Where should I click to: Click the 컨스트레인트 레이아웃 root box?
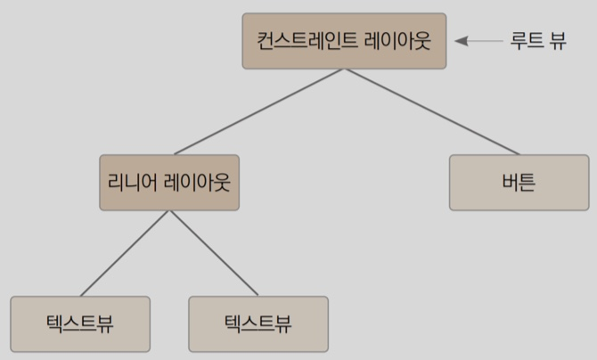(344, 41)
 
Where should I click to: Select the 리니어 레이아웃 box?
(169, 183)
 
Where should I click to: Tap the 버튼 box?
(519, 183)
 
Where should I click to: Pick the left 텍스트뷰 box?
(80, 323)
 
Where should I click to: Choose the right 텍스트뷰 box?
(258, 323)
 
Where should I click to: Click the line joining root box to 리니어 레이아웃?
(258, 111)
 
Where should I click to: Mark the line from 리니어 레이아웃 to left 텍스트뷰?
(125, 253)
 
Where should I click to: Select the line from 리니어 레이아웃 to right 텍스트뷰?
(214, 253)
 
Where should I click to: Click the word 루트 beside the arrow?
(527, 41)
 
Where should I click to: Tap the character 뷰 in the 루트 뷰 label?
(558, 41)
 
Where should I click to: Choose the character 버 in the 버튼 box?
(510, 183)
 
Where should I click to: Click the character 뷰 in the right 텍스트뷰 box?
(283, 323)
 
